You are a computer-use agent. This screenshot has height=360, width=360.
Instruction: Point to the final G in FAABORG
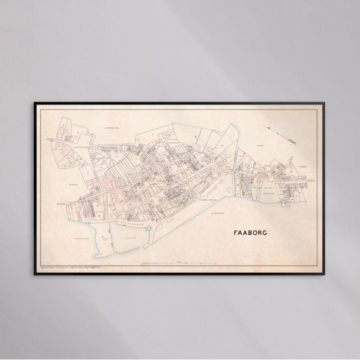pos(264,233)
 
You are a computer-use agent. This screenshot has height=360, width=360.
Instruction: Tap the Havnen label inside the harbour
pos(125,237)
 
